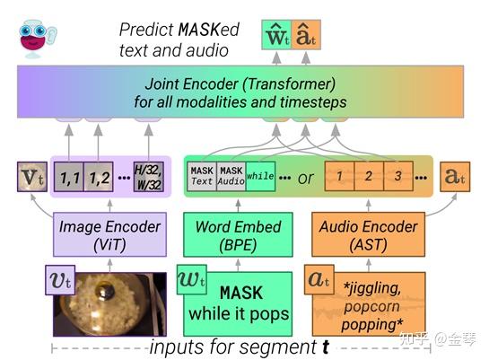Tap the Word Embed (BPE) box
coord(239,233)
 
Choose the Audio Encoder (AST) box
coord(368,233)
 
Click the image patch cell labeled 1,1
coord(69,176)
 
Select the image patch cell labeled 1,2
coord(99,176)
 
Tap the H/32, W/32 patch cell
coord(148,176)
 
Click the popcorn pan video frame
coord(109,303)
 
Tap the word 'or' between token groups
coord(306,177)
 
